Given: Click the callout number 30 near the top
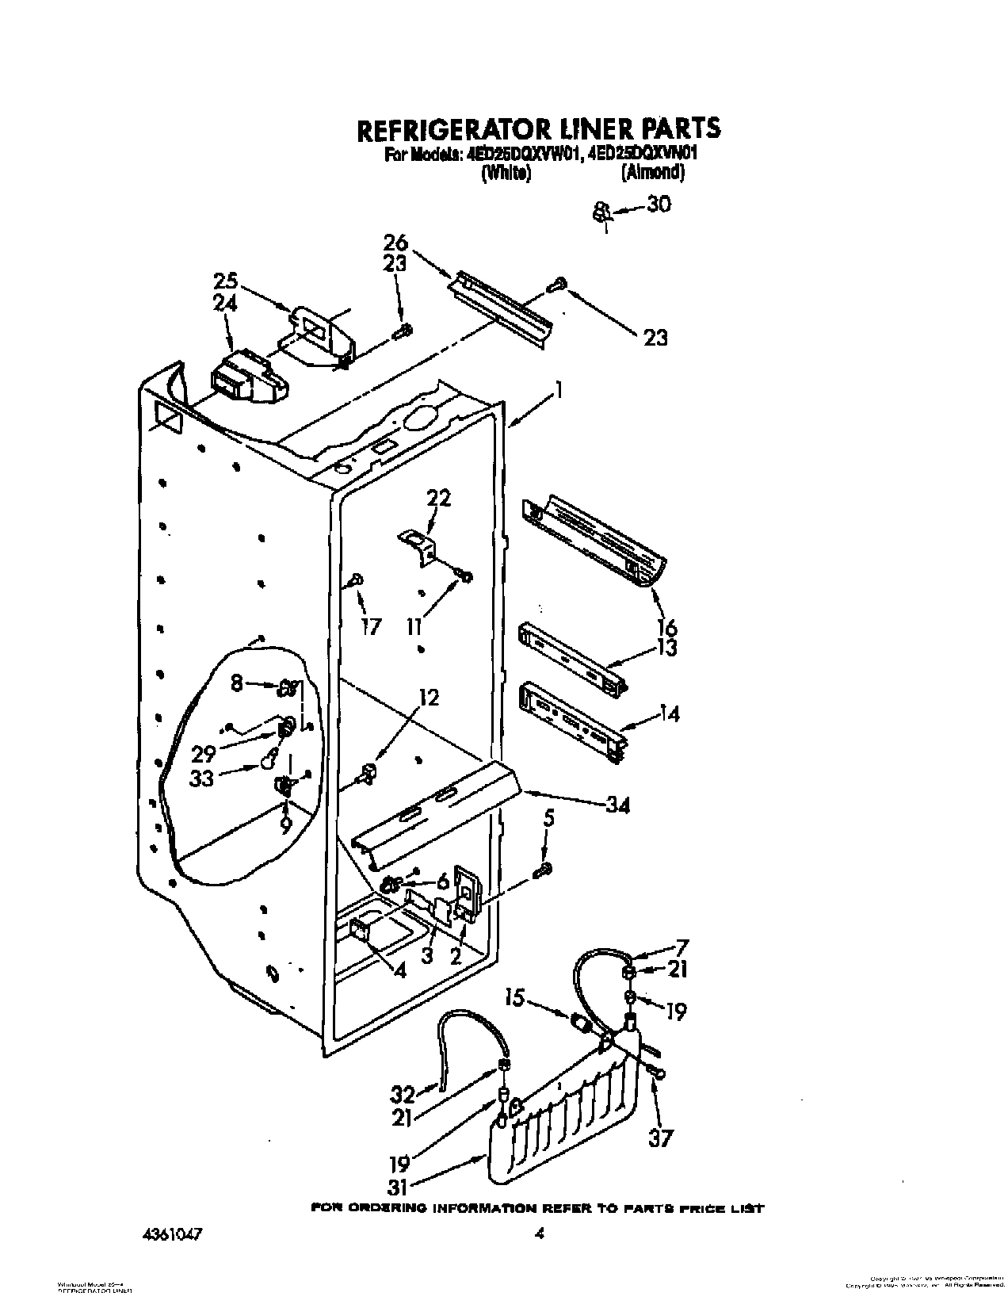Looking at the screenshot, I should click(659, 205).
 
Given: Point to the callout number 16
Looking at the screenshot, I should click(666, 629).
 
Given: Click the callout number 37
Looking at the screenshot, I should click(660, 1138).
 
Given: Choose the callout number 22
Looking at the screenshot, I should click(438, 499).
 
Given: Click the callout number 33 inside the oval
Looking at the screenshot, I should click(202, 778).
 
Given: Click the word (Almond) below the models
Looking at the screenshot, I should click(653, 172).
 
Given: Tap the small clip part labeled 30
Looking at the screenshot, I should click(601, 212).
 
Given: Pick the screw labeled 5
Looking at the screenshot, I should click(544, 870).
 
